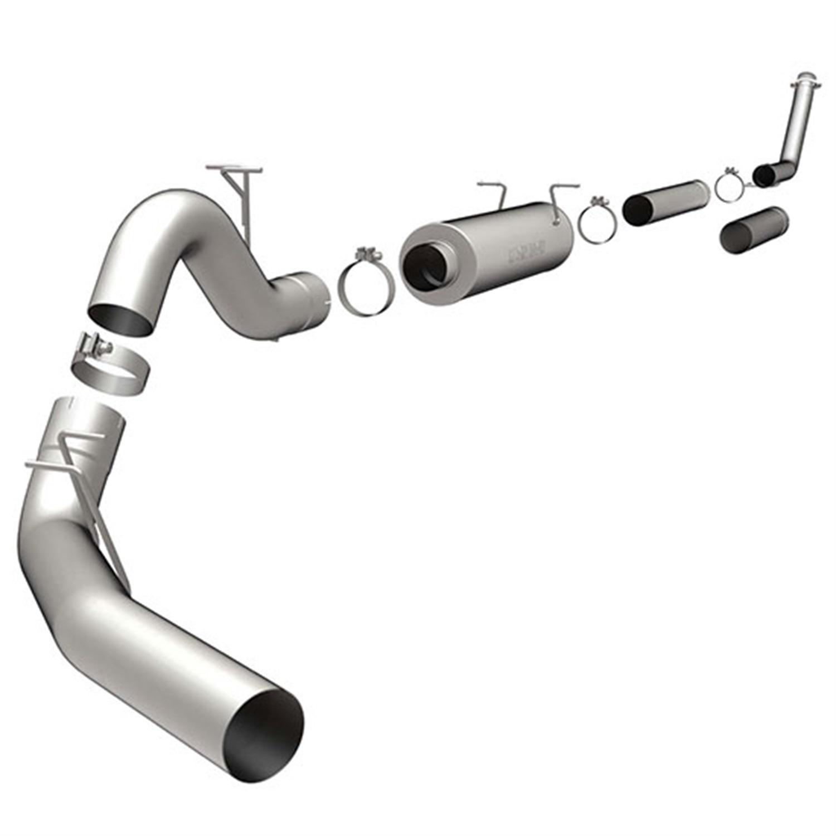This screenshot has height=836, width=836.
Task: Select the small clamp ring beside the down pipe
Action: [x=729, y=184]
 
